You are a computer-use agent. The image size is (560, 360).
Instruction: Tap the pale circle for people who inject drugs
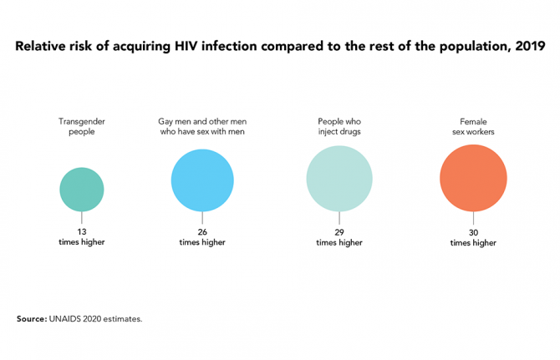click(339, 179)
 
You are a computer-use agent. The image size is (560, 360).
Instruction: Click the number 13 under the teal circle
click(82, 231)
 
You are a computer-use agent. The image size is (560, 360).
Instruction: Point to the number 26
click(201, 231)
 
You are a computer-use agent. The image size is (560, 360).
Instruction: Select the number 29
click(339, 231)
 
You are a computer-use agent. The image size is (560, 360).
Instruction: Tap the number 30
click(473, 231)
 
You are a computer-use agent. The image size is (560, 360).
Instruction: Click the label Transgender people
click(82, 127)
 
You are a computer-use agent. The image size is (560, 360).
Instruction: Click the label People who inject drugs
click(339, 127)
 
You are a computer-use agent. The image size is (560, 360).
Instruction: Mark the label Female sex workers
click(473, 127)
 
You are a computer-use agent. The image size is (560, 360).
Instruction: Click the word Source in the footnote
click(30, 318)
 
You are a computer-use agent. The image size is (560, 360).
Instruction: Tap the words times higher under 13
click(82, 242)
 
